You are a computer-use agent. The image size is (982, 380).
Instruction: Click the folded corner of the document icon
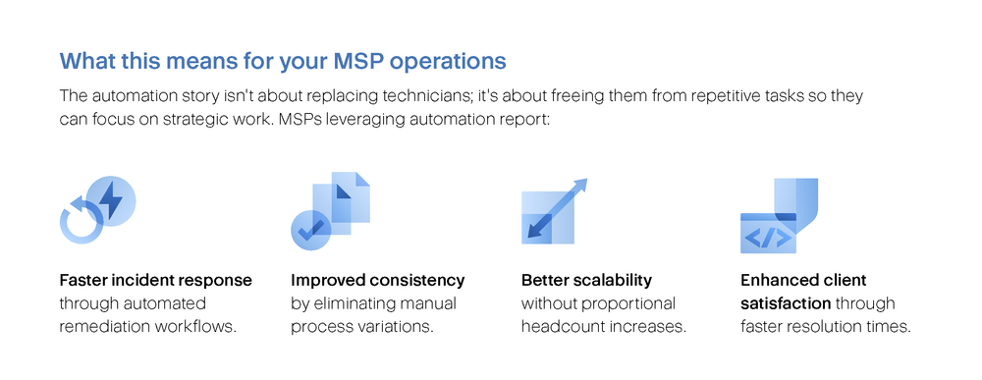(x=362, y=179)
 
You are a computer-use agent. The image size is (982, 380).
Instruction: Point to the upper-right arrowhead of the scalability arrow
(x=579, y=186)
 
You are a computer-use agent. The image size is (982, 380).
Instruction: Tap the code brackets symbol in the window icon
(x=768, y=238)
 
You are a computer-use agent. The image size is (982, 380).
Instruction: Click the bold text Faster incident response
(x=155, y=280)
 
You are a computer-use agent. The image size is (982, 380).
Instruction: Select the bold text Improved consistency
(x=378, y=280)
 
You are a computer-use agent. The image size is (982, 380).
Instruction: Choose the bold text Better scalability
(x=586, y=280)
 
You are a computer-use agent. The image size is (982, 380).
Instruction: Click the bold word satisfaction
(x=786, y=303)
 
